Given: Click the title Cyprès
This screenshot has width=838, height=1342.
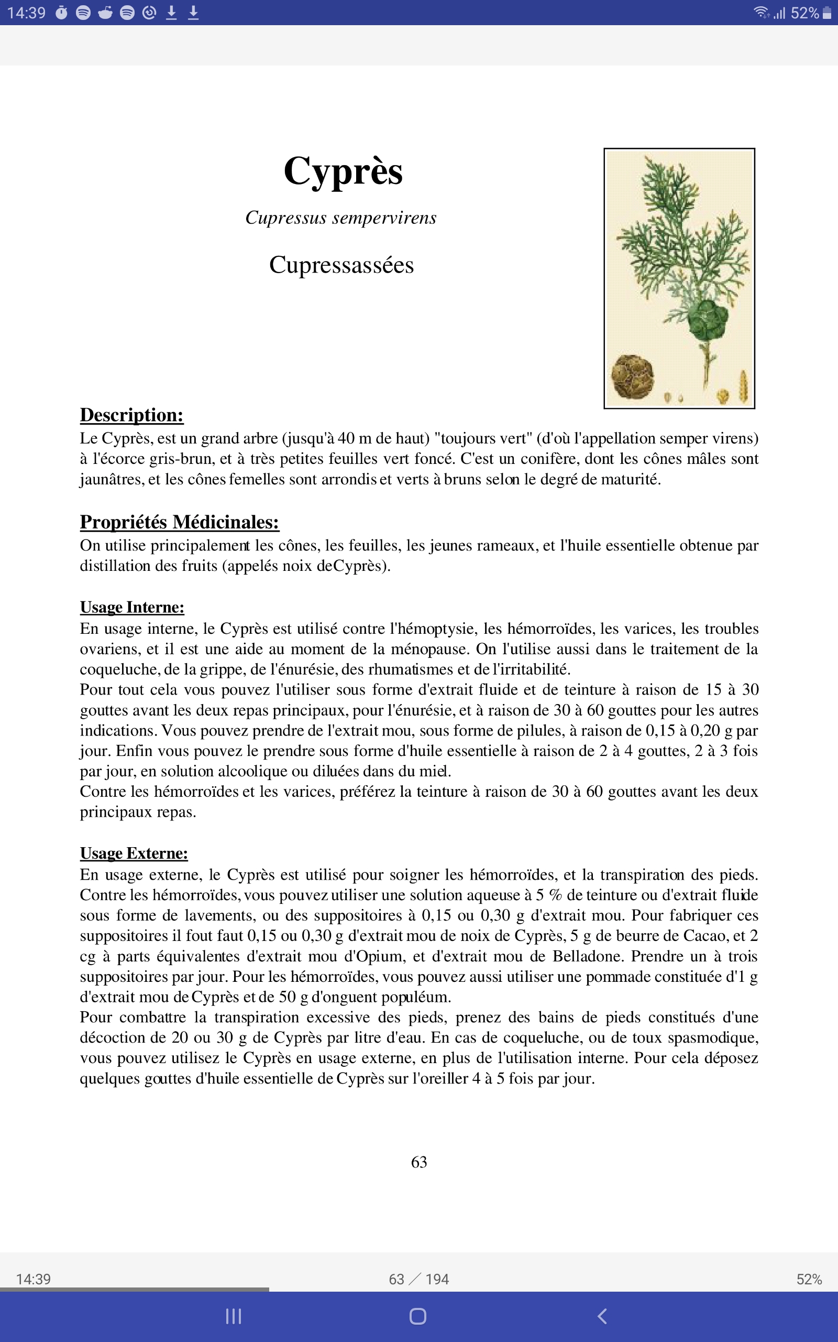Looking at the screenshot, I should [343, 171].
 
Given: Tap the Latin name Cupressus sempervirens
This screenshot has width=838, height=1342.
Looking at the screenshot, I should [341, 218].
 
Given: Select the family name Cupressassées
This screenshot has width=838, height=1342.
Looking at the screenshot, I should [341, 265].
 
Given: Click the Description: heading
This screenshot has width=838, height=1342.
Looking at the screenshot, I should [131, 415].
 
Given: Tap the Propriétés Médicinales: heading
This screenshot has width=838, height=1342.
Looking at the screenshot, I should [179, 522].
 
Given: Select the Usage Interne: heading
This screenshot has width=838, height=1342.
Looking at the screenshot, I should [132, 607].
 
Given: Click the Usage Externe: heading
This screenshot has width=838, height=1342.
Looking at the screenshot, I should [134, 853].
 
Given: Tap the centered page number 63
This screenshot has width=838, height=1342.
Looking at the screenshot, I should [419, 1162].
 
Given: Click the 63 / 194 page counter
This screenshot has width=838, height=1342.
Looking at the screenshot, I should [419, 1279].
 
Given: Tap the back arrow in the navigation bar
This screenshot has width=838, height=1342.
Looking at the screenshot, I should [602, 1316].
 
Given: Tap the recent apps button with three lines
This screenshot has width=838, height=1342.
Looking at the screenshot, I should [234, 1316].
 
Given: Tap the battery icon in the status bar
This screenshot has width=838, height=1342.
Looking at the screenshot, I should [827, 13].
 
